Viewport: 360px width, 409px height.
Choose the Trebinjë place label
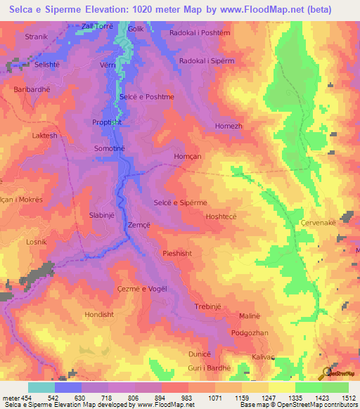click(212, 306)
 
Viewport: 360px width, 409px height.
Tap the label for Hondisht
click(98, 314)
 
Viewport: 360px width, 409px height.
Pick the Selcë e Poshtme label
click(147, 97)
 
